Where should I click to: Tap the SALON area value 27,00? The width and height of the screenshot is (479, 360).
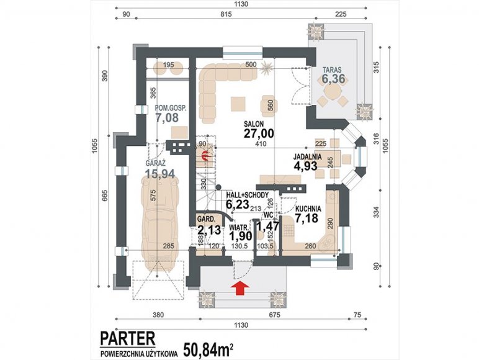[259, 133]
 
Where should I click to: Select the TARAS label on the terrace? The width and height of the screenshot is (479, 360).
[333, 70]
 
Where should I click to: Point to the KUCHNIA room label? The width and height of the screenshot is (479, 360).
[308, 209]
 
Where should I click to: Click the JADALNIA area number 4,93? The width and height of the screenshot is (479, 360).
[306, 166]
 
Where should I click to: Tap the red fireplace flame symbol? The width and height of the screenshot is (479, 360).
[206, 156]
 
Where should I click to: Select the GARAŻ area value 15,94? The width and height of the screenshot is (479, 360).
[159, 174]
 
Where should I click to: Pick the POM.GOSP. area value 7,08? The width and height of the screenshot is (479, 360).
[167, 117]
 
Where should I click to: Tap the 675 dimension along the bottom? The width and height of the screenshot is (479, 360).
[274, 315]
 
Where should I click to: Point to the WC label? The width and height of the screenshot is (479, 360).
[268, 215]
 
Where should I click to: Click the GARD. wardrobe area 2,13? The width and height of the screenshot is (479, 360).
[209, 230]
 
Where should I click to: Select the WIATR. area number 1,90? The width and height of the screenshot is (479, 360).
[241, 236]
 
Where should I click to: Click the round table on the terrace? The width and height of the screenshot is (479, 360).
[333, 91]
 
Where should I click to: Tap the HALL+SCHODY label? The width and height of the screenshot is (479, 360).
[247, 195]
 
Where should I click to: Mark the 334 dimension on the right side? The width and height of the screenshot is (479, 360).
[376, 213]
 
